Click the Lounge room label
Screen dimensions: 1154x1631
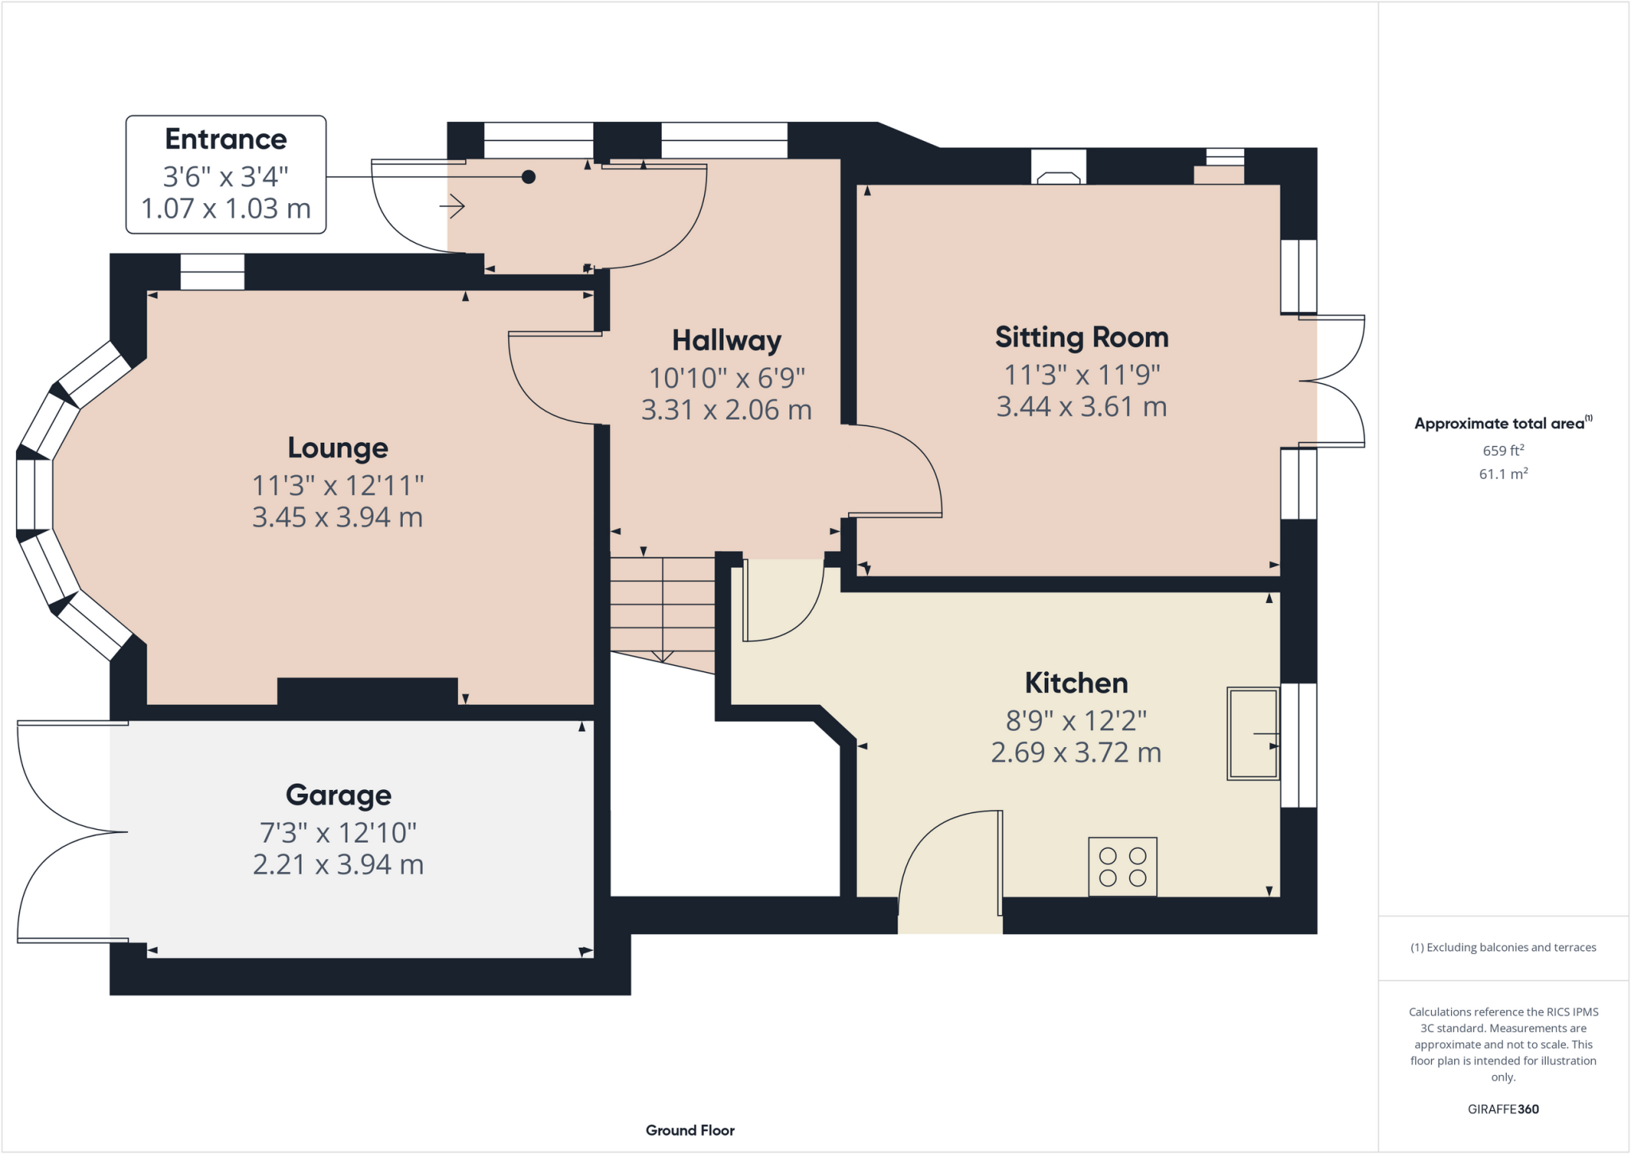338,448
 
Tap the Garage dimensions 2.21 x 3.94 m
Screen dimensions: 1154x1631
338,864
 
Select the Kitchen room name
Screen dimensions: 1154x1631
1076,683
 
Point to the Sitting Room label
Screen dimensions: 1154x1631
1081,337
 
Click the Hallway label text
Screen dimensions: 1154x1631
726,340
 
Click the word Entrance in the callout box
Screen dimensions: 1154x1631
225,139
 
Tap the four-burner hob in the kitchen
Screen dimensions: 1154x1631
1122,866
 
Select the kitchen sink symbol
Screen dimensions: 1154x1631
1253,733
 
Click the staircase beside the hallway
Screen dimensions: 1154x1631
662,605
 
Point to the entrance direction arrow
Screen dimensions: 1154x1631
452,207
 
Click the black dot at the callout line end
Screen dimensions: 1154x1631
528,177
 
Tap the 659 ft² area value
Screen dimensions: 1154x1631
1503,450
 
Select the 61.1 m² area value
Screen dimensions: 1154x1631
1503,474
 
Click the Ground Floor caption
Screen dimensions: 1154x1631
690,1130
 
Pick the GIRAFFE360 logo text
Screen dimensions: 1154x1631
1503,1109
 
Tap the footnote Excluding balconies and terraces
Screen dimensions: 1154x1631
1503,947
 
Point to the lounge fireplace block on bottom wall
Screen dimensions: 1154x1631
367,690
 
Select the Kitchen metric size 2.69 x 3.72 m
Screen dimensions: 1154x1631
1076,753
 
